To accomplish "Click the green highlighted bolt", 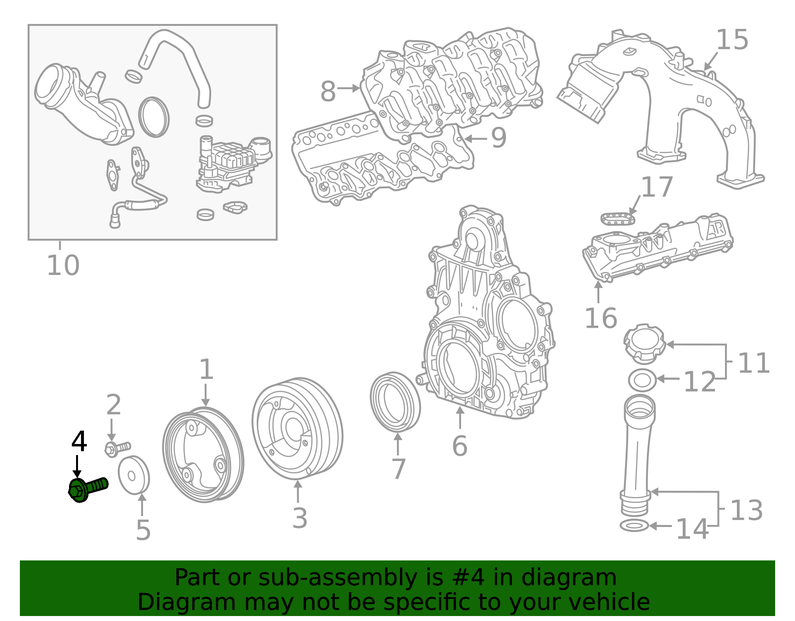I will coord(88,488).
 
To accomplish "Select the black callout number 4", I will coord(79,442).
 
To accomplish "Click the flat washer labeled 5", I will coord(134,475).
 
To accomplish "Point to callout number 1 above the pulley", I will coord(206,370).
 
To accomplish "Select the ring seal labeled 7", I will coord(396,401).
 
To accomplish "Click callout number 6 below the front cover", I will coord(460,445).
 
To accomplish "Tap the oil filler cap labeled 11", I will coord(644,343).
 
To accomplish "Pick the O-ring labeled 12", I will coord(642,380).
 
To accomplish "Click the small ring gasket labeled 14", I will coord(634,526).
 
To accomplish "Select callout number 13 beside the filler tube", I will coord(746,510).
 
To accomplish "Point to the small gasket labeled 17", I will coord(618,218).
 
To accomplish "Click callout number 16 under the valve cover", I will coord(601,318).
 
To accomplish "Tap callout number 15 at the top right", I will coord(732,40).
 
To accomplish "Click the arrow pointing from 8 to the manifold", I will coord(348,89).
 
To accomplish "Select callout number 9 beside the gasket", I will coord(498,138).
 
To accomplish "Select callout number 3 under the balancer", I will coord(300,518).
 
